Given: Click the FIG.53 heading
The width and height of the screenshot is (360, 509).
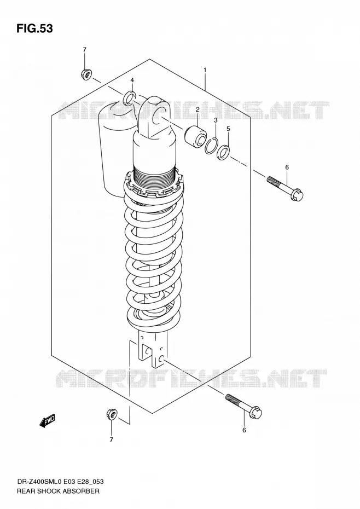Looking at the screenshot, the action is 34,28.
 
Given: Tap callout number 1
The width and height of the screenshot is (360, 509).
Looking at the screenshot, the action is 205,70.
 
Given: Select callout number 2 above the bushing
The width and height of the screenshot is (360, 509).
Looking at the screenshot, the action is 197,109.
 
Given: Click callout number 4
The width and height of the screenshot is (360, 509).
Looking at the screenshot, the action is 132,80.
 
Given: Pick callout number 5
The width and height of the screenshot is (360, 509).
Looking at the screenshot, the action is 228,129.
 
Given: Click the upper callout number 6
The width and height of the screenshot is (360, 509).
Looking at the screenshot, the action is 287,167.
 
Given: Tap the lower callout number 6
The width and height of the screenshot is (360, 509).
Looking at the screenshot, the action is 244,430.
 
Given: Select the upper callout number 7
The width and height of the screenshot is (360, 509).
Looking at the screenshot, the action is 84,50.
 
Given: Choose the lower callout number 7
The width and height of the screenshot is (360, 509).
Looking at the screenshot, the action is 112,440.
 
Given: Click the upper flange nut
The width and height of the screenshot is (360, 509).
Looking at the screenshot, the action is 86,74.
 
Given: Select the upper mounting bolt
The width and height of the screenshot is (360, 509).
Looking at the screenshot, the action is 285,188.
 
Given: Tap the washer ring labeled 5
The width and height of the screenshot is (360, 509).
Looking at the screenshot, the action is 224,153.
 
